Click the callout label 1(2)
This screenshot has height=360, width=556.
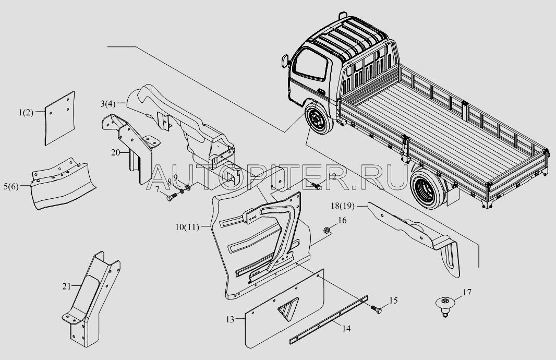tap(26, 113)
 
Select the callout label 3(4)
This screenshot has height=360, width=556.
tap(108, 104)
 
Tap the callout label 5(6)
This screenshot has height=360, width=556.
tap(11, 187)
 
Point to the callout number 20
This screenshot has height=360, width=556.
tap(116, 152)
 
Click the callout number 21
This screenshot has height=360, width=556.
tap(67, 286)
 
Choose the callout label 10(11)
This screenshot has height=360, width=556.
tap(187, 227)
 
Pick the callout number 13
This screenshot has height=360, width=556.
tap(230, 320)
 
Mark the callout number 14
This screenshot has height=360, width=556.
tap(346, 329)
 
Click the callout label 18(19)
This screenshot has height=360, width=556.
tap(343, 206)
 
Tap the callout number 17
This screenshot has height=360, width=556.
tap(467, 292)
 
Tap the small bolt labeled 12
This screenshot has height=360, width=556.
tap(316, 185)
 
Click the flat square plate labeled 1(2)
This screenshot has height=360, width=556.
tap(59, 118)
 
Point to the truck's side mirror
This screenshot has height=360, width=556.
tap(284, 61)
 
